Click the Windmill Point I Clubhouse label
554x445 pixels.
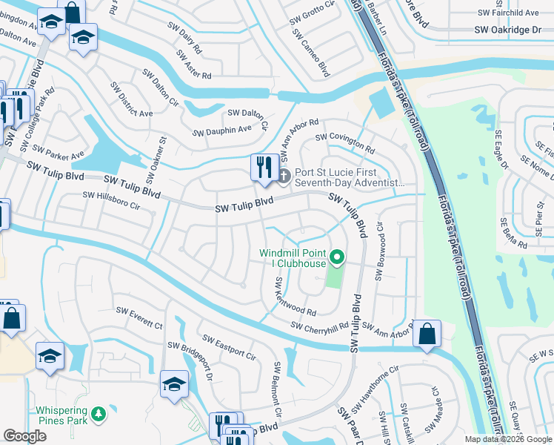click(x=293, y=258)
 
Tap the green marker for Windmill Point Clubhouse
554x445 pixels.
click(x=338, y=258)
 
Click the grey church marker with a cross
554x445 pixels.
click(x=284, y=175)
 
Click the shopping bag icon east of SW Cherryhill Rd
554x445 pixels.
click(x=427, y=334)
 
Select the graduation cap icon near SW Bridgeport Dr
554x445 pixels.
click(x=174, y=384)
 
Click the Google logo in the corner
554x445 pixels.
click(x=25, y=436)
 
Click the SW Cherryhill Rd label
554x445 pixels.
click(x=319, y=326)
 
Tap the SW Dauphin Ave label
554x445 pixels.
click(x=222, y=131)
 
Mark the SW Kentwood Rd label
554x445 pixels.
click(x=295, y=296)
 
